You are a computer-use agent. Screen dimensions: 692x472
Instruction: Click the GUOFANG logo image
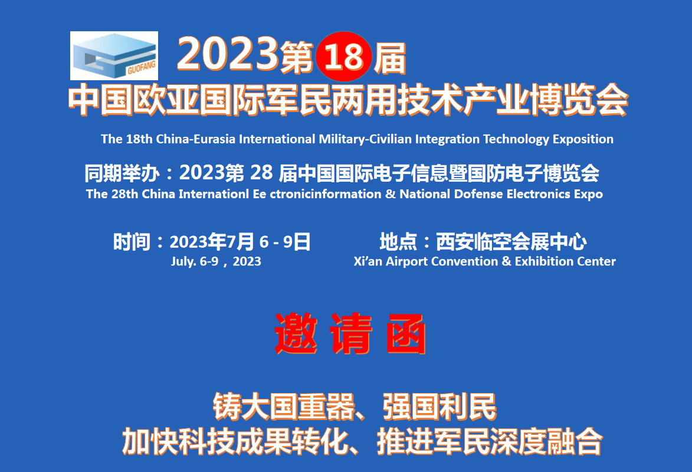pos(114,55)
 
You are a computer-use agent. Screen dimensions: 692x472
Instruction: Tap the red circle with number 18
pos(344,57)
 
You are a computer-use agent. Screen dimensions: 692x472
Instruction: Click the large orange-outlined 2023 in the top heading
pos(228,54)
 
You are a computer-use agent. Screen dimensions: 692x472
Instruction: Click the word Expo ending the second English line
pos(588,195)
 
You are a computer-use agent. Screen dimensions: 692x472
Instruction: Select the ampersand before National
pos(390,194)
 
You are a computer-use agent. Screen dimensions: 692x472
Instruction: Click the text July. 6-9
pos(195,261)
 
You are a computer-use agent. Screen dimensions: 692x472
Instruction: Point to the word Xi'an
pos(368,261)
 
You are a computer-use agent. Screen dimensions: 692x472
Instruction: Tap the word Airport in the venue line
pos(406,262)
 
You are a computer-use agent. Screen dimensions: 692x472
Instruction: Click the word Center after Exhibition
pos(596,261)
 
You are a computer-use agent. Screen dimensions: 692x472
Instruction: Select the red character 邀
pos(296,333)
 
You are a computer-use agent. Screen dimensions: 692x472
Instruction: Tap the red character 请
pos(351,333)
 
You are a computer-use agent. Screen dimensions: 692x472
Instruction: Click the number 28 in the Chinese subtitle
pos(261,173)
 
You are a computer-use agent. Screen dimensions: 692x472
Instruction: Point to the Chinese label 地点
pos(398,242)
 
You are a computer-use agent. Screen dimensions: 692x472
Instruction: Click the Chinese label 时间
pos(132,242)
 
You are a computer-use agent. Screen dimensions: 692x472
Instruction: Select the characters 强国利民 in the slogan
pos(440,407)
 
